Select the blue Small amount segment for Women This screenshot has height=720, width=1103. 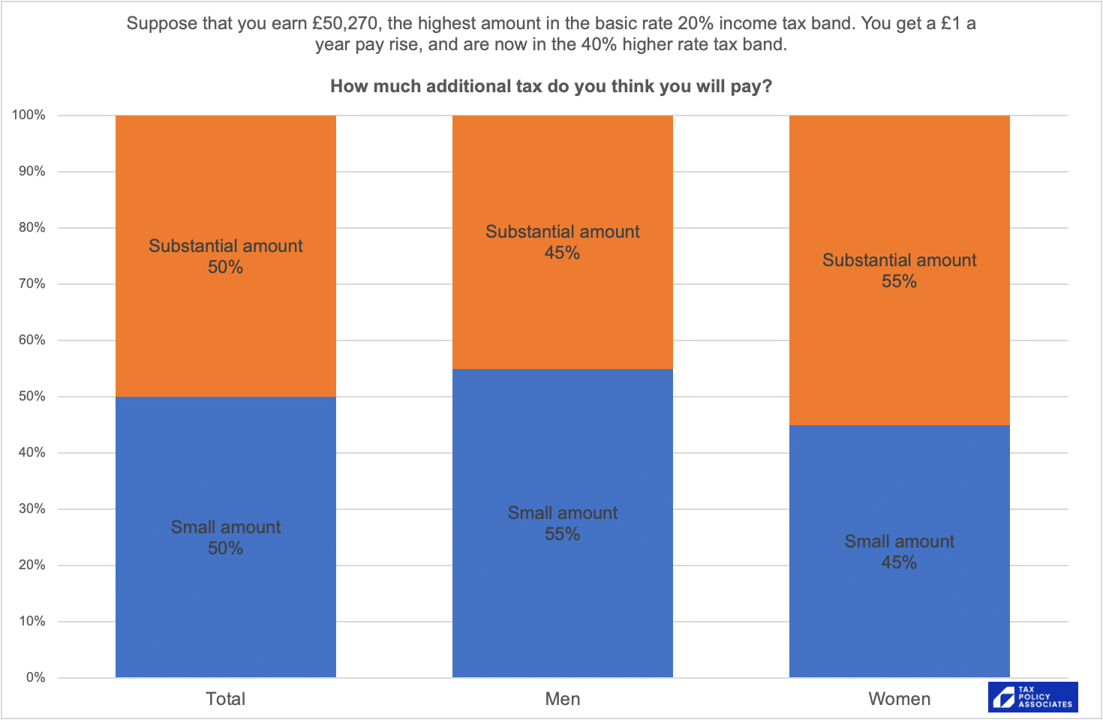pyautogui.click(x=899, y=615)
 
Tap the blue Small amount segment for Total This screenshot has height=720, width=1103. pyautogui.click(x=225, y=600)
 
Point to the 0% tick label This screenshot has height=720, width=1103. pyautogui.click(x=35, y=677)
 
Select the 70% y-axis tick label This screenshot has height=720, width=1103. pyautogui.click(x=32, y=283)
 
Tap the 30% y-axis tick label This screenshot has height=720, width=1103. pyautogui.click(x=32, y=508)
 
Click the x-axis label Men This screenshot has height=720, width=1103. pyautogui.click(x=562, y=699)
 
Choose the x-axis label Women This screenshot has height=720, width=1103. pyautogui.click(x=899, y=699)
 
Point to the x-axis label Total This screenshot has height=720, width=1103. pyautogui.click(x=225, y=699)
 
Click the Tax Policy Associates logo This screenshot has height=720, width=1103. pyautogui.click(x=1033, y=697)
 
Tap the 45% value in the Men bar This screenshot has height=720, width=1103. pyautogui.click(x=562, y=253)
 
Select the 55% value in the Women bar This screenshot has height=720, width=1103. pyautogui.click(x=899, y=282)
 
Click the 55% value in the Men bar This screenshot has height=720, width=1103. pyautogui.click(x=562, y=535)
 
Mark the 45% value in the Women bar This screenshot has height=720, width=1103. pyautogui.click(x=899, y=563)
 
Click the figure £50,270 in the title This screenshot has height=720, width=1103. pyautogui.click(x=344, y=23)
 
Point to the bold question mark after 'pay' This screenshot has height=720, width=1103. pyautogui.click(x=767, y=86)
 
